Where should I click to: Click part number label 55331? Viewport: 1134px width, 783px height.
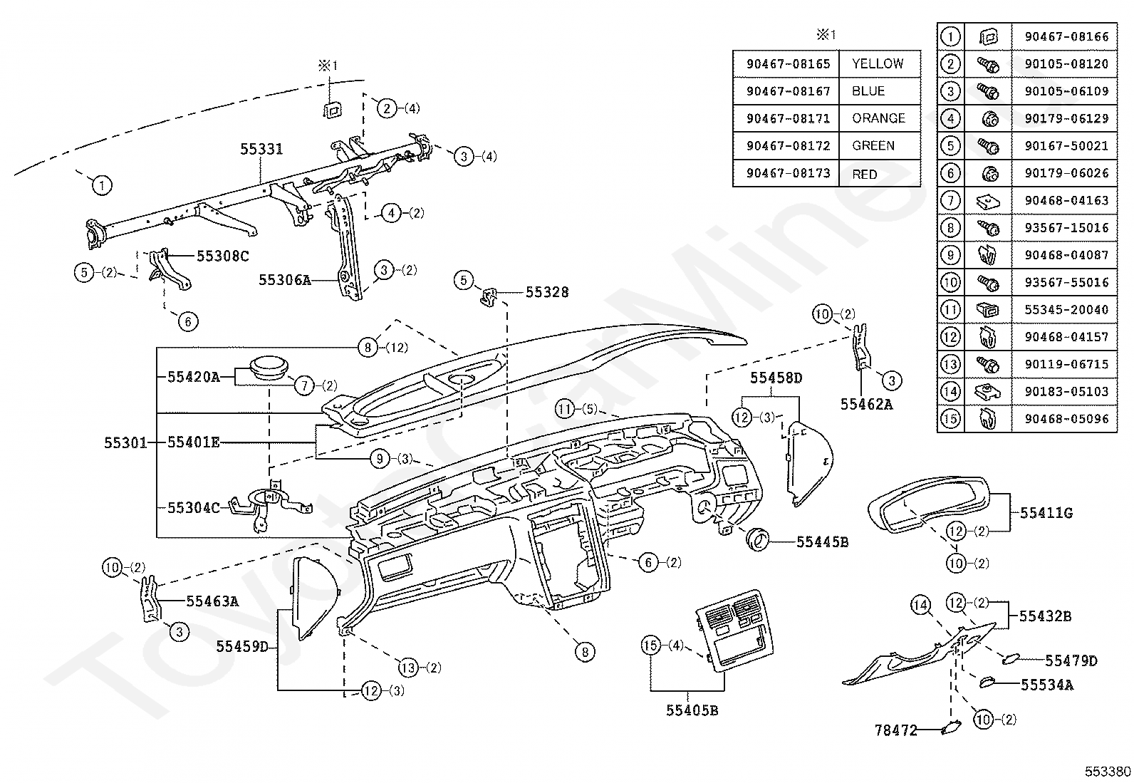[x=261, y=150]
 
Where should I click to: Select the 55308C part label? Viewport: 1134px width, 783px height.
[x=223, y=256]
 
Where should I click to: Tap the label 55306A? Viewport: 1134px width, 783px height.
[x=285, y=280]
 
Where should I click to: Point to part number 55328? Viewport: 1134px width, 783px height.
[x=547, y=292]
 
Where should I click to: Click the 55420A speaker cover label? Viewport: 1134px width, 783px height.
[x=194, y=377]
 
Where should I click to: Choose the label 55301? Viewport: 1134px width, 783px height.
[x=125, y=442]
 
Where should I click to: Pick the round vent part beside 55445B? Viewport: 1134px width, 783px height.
[x=757, y=539]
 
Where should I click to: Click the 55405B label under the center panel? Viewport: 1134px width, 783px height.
[x=692, y=710]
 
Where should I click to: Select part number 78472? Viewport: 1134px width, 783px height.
[x=896, y=730]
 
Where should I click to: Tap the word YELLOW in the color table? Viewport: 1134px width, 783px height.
[x=878, y=64]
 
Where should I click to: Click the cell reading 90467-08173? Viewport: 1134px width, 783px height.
[x=789, y=173]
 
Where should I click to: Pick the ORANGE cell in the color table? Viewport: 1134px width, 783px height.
[x=879, y=118]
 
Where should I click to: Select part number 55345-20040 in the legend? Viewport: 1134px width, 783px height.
[x=1066, y=309]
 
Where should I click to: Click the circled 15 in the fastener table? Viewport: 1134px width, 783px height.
[x=950, y=419]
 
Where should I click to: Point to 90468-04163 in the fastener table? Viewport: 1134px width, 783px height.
[x=1066, y=201]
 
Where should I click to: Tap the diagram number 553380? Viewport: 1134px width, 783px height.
[x=1108, y=772]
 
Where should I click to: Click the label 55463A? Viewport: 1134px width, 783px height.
[x=212, y=601]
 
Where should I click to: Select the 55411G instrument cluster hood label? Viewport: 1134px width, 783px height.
[x=1046, y=513]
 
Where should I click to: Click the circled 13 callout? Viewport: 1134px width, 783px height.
[x=408, y=668]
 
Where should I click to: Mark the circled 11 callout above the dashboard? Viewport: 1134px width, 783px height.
[x=565, y=409]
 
